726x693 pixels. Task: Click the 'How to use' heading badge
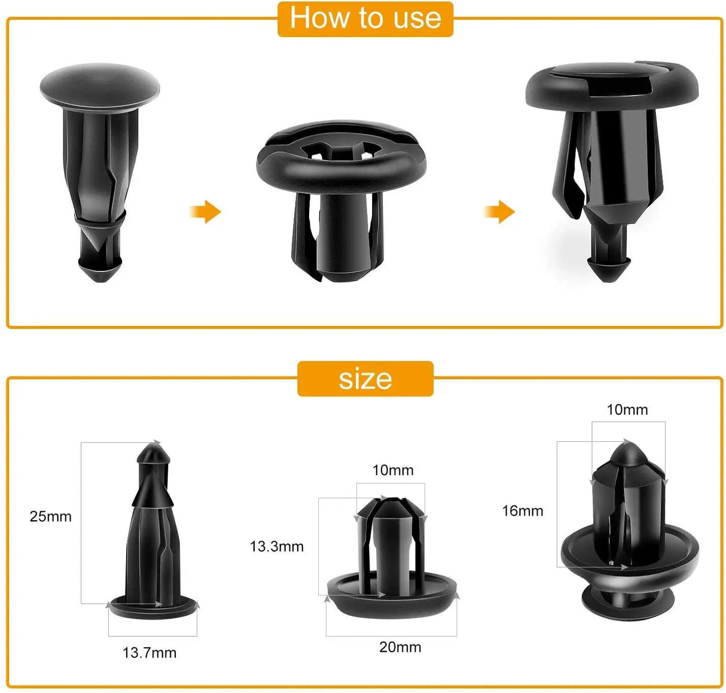(x=365, y=19)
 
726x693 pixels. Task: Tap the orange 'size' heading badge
(x=365, y=378)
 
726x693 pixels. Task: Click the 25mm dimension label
(x=50, y=517)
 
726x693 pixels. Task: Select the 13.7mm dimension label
(x=150, y=653)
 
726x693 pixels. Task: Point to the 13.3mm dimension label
(x=276, y=547)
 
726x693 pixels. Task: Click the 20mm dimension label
(x=400, y=647)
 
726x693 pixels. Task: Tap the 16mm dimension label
(x=523, y=511)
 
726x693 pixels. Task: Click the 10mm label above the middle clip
(x=393, y=471)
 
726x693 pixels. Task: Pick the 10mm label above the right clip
(x=627, y=410)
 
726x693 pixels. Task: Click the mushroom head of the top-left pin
(x=99, y=87)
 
